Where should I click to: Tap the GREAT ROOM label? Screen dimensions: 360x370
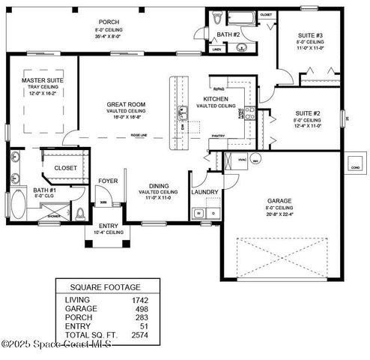pyautogui.click(x=125, y=104)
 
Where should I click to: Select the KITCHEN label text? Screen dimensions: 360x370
pyautogui.click(x=217, y=99)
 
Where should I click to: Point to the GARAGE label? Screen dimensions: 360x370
pyautogui.click(x=279, y=201)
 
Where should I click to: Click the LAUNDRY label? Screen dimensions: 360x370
pyautogui.click(x=204, y=192)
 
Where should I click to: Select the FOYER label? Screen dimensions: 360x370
pyautogui.click(x=109, y=180)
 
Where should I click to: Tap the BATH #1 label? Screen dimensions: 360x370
pyautogui.click(x=23, y=190)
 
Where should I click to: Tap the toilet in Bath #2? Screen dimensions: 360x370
pyautogui.click(x=217, y=18)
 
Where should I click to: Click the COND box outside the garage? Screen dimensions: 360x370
pyautogui.click(x=354, y=166)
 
